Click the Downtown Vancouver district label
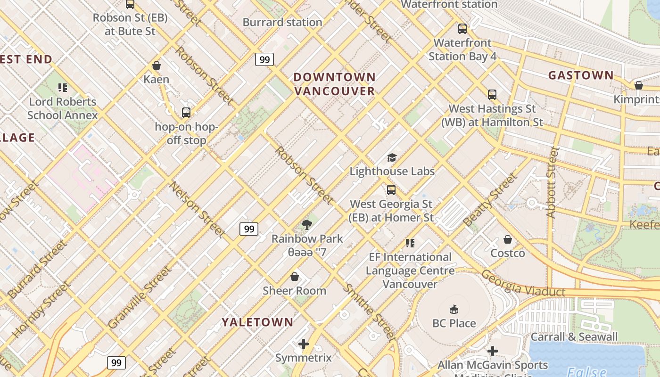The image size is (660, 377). [x=335, y=84]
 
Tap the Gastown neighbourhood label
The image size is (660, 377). [x=581, y=75]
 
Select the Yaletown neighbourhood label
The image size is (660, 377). [x=257, y=322]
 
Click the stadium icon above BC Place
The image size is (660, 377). [x=454, y=309]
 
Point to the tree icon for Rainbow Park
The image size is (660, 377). [x=307, y=224]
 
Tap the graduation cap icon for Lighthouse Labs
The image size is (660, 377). [x=392, y=157]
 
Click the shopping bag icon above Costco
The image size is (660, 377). [x=508, y=239]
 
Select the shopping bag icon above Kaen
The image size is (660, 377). [x=157, y=66]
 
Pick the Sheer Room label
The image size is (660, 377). [x=294, y=290]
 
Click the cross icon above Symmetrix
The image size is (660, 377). [x=304, y=344]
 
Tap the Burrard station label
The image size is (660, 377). [x=282, y=22]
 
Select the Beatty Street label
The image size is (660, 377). [x=490, y=199]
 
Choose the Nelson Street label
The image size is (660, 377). [x=197, y=208]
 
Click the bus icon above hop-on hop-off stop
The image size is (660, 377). [x=186, y=113]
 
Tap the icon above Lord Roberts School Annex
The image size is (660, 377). [x=62, y=88]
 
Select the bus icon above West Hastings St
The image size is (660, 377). [x=492, y=95]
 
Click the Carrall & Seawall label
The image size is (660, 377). [x=574, y=336]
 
